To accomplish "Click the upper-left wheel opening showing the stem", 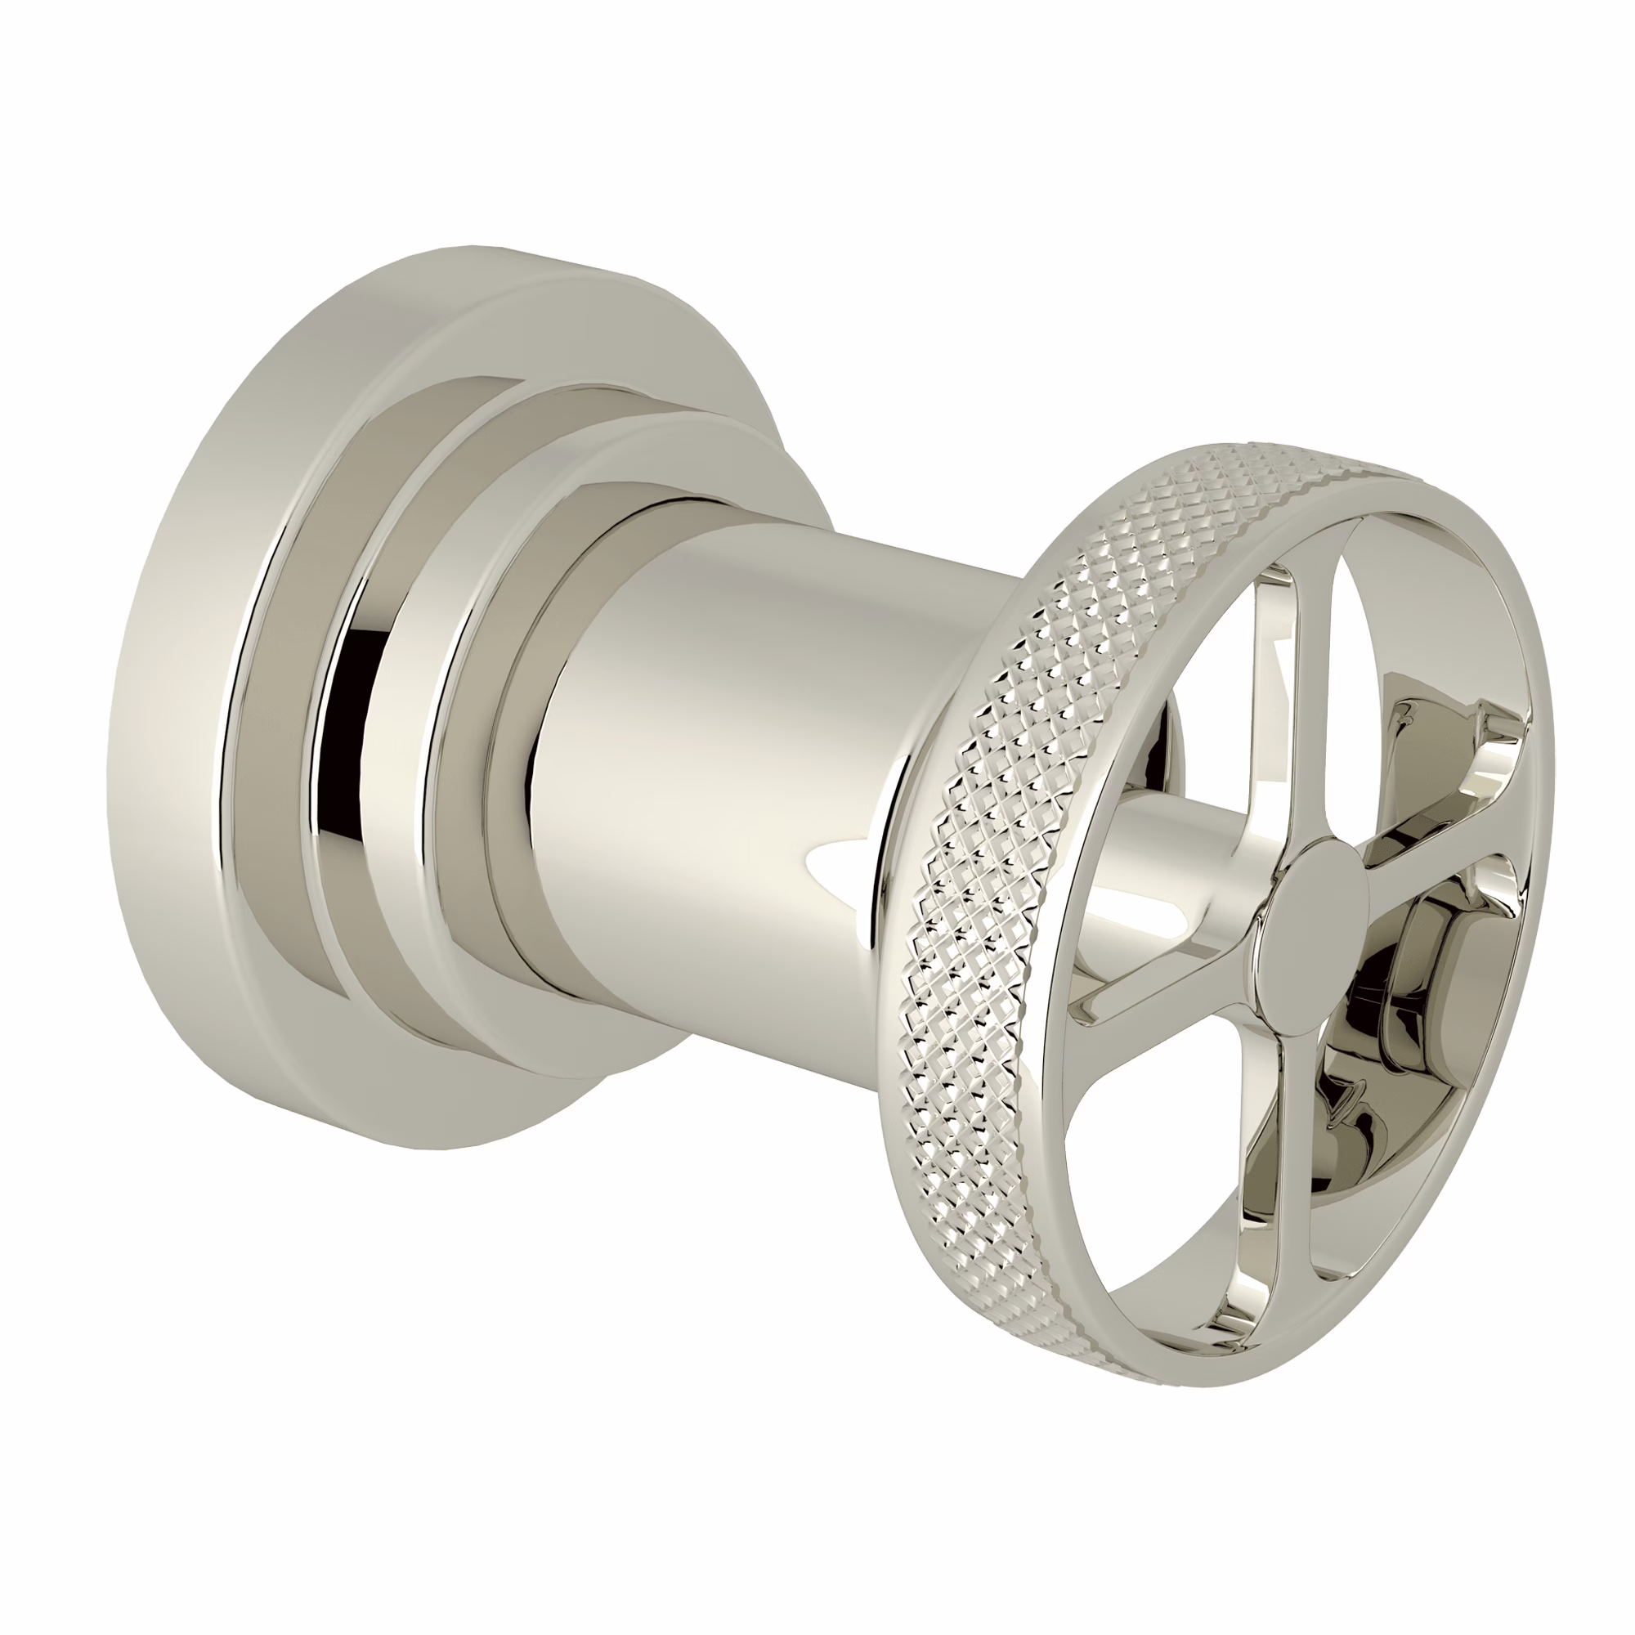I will click(1185, 762).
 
